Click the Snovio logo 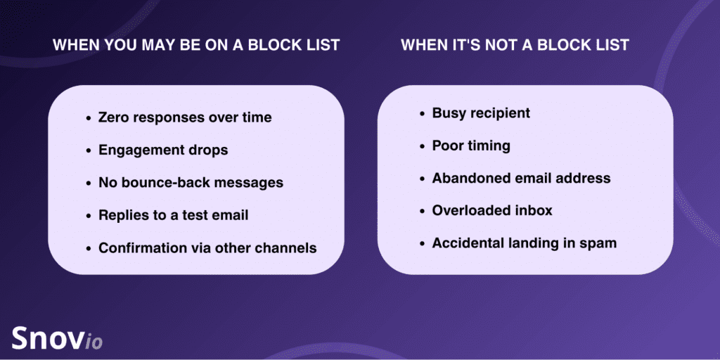[56, 337]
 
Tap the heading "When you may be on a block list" [196, 45]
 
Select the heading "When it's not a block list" [515, 45]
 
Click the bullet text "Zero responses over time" [185, 117]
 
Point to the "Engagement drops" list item [163, 150]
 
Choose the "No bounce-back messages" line [191, 183]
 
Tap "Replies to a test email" [173, 215]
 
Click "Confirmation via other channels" [207, 248]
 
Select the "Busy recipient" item [481, 113]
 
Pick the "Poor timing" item [471, 146]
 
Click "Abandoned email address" [521, 178]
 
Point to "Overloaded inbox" [491, 211]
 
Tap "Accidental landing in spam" [524, 243]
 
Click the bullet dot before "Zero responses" [89, 118]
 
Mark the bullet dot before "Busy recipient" [423, 113]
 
